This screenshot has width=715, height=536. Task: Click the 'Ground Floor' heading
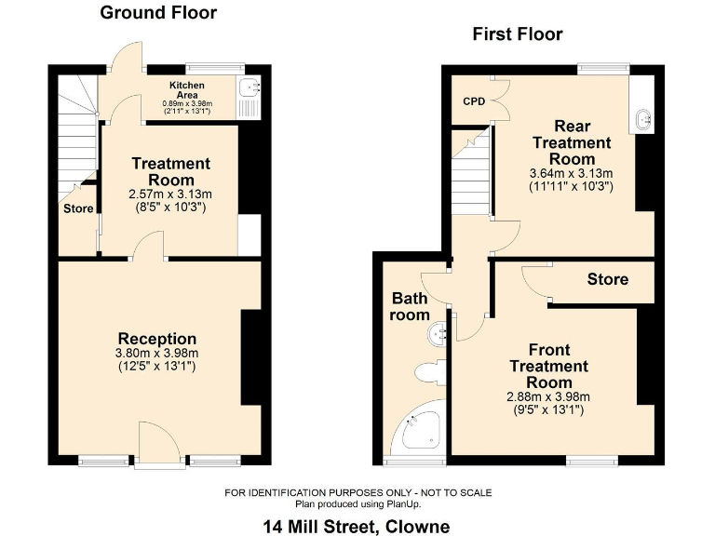(158, 13)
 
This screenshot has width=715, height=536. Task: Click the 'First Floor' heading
(518, 34)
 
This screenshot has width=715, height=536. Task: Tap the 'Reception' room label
(157, 339)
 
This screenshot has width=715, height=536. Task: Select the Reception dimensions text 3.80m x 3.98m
(157, 354)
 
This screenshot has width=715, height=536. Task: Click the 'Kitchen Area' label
(187, 89)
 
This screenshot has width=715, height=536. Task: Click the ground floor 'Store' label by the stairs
(78, 208)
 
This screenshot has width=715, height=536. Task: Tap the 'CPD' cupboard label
(474, 101)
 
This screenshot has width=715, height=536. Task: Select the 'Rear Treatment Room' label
(572, 142)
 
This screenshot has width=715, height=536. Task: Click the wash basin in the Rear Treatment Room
(642, 118)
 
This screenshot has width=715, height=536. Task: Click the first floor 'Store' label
(607, 279)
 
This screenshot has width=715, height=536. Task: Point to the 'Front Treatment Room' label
(548, 366)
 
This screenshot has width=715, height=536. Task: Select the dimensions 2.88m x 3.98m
(548, 396)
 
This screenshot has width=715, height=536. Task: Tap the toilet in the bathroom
(429, 373)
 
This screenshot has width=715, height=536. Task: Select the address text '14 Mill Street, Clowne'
(357, 527)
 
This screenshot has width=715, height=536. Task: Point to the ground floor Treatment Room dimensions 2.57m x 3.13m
(170, 194)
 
